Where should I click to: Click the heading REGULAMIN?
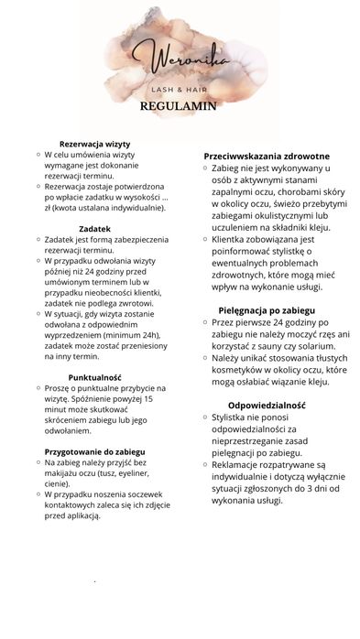point(178,105)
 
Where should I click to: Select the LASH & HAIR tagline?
point(179,90)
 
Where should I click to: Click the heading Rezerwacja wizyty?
point(95,145)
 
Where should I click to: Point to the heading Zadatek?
point(95,228)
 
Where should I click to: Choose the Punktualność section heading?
point(95,377)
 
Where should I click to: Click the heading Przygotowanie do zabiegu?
point(94,452)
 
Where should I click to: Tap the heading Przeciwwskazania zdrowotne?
point(267,157)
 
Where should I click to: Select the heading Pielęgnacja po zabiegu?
point(267,310)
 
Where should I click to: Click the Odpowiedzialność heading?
point(267,405)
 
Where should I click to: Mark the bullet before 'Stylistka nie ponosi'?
point(204,417)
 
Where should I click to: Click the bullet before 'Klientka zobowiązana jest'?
point(204,239)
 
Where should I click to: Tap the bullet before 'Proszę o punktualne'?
point(38,388)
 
